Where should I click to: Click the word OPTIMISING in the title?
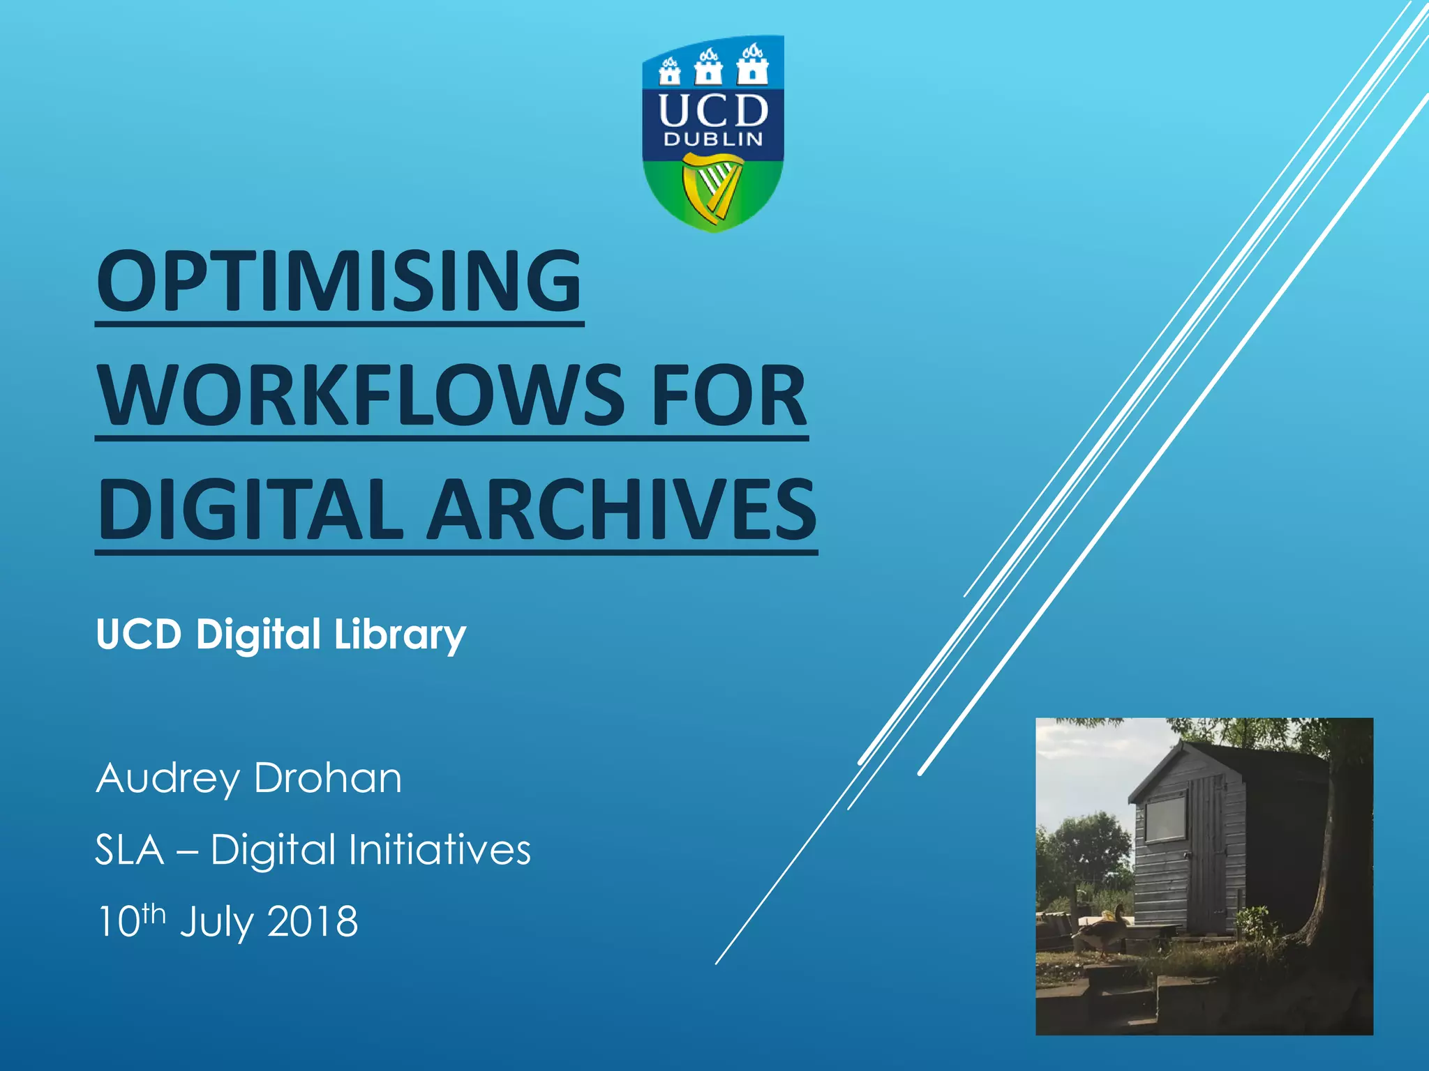[339, 281]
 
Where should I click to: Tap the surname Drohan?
[328, 778]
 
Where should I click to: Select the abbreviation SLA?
[129, 850]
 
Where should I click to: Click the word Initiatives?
[440, 850]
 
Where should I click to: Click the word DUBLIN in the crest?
[713, 139]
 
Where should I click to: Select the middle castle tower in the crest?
[709, 67]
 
